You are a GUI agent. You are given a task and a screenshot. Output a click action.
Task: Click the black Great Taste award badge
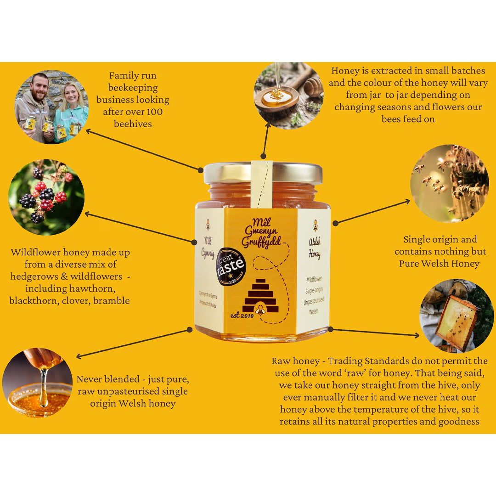231,267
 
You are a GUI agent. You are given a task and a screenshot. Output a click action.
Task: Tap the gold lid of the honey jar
263,173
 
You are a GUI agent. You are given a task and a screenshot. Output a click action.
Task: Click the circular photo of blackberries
46,197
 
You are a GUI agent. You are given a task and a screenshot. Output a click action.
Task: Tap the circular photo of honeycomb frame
457,316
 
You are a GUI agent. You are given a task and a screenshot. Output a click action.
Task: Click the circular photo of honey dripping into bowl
38,382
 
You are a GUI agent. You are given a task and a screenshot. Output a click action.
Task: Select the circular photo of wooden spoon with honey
289,95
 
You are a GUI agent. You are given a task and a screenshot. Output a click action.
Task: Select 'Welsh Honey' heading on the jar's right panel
315,248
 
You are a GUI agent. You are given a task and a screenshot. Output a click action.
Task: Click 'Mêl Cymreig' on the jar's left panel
208,247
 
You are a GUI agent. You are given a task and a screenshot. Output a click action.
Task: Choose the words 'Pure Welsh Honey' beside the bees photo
439,264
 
